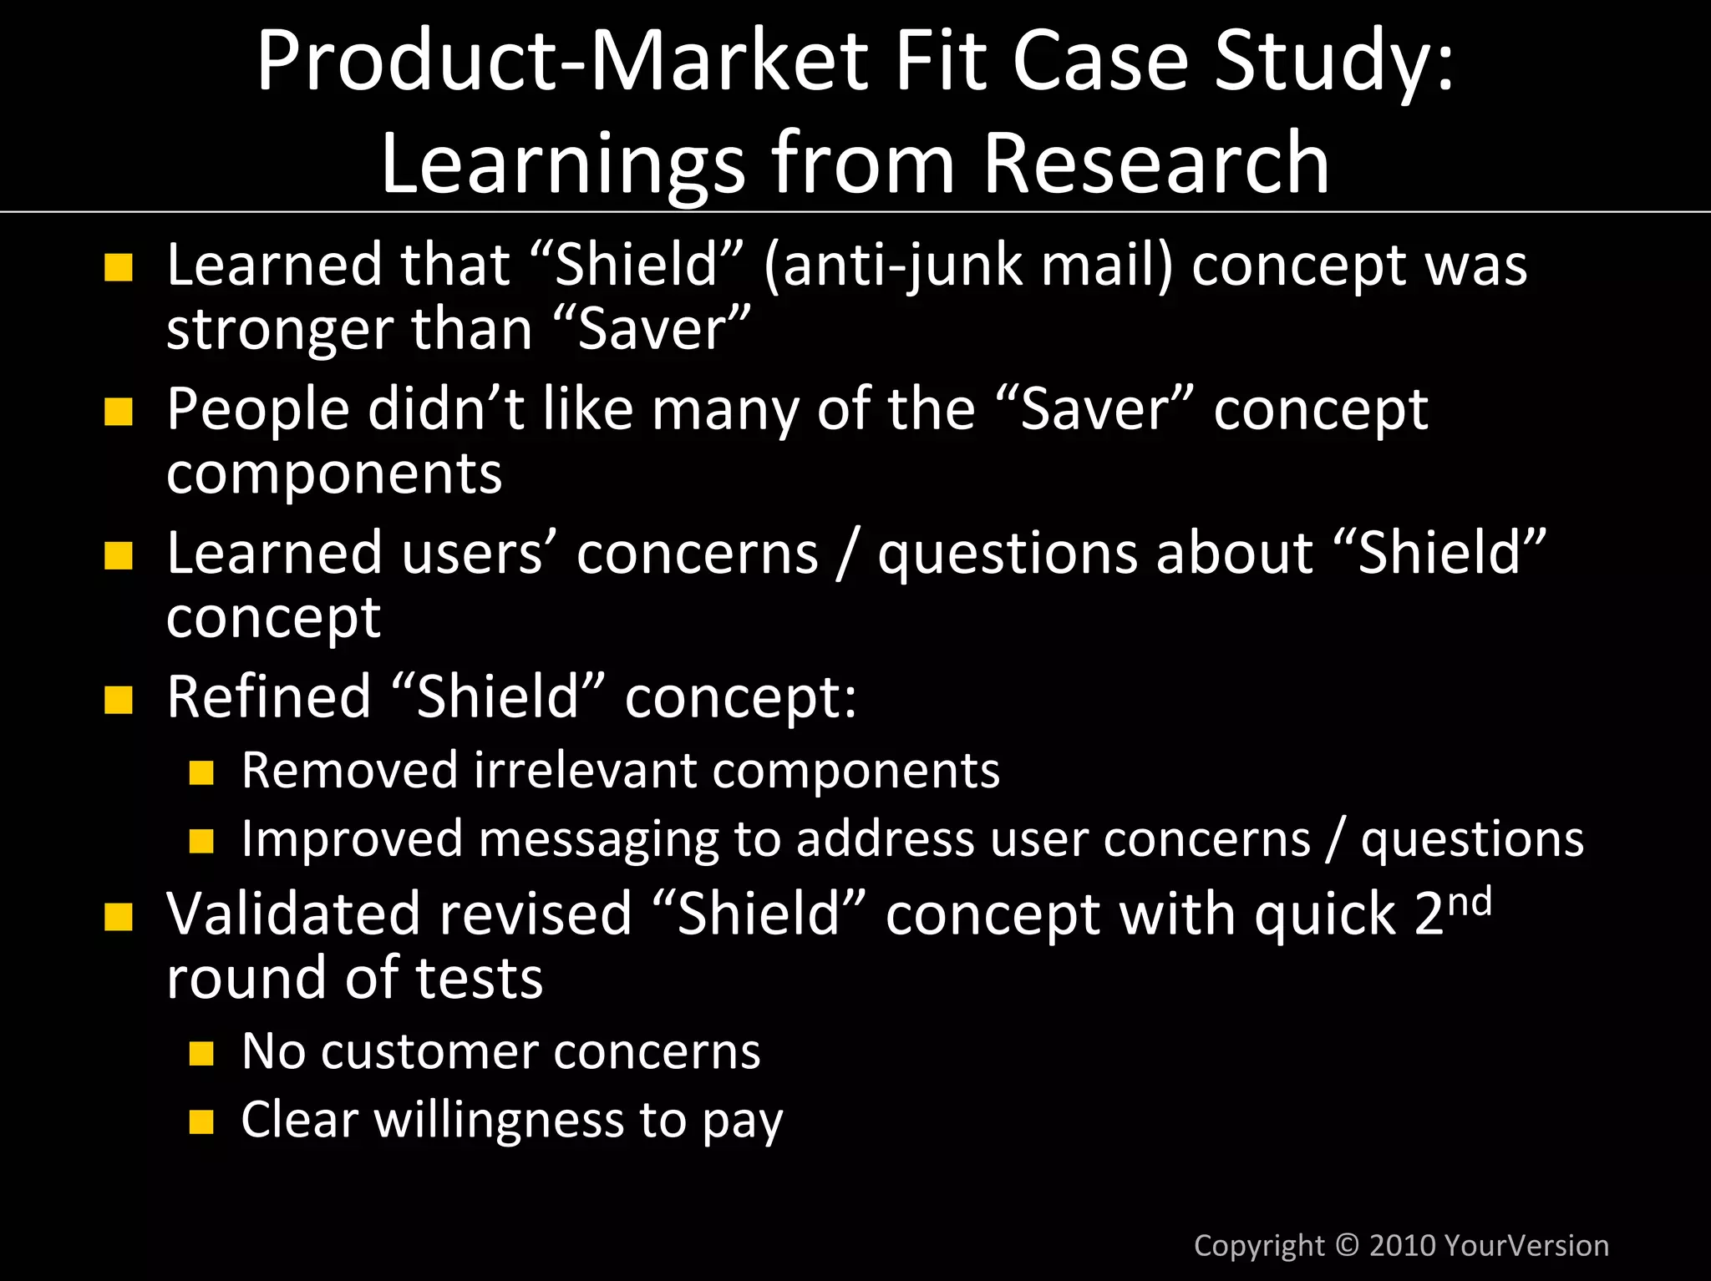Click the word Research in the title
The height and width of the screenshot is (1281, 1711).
[x=1155, y=163]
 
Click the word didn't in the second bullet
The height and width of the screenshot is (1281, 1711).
[x=445, y=409]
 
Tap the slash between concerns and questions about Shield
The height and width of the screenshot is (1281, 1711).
[x=847, y=554]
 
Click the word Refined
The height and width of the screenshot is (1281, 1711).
[x=268, y=696]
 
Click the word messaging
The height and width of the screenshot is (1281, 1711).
[x=597, y=839]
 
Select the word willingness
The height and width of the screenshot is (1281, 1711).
[x=499, y=1119]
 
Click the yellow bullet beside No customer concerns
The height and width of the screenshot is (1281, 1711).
[x=201, y=1053]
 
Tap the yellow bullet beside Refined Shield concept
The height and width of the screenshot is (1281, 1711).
[x=119, y=700]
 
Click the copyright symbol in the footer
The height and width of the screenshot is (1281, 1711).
[x=1347, y=1245]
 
